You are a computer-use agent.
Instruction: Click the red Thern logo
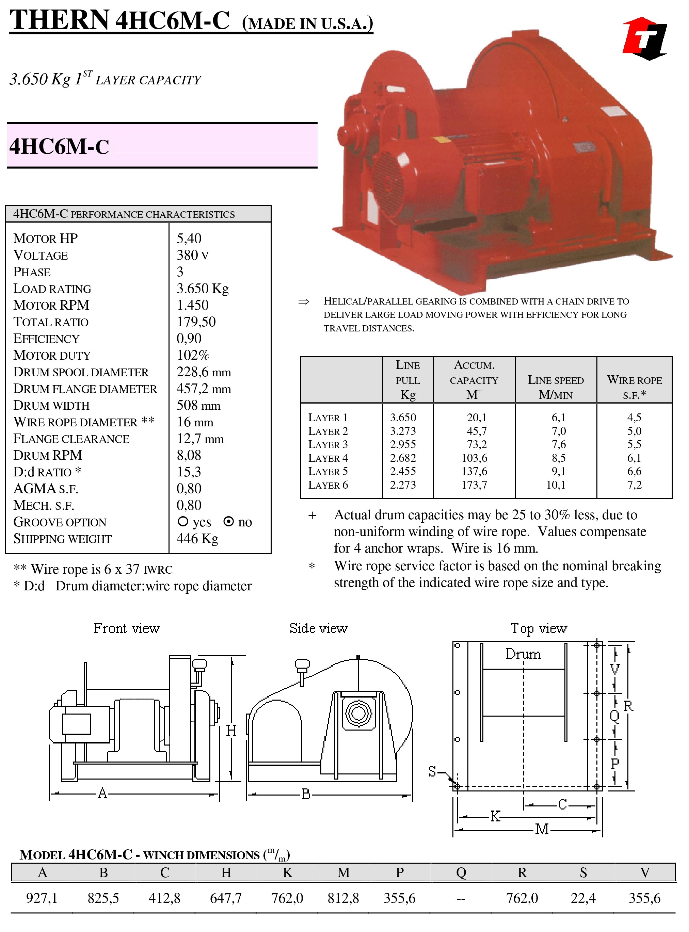pyautogui.click(x=645, y=38)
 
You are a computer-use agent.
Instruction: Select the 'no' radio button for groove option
pyautogui.click(x=228, y=521)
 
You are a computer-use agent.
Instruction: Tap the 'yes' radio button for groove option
pyautogui.click(x=183, y=521)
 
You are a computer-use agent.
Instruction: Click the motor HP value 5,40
pyautogui.click(x=189, y=239)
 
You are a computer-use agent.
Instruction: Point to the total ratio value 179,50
pyautogui.click(x=196, y=322)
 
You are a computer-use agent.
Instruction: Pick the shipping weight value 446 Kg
pyautogui.click(x=197, y=539)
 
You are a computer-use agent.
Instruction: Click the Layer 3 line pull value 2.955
pyautogui.click(x=403, y=444)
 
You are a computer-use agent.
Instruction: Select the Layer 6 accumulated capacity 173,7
pyautogui.click(x=474, y=485)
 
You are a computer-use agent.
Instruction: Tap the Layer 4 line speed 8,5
pyautogui.click(x=559, y=458)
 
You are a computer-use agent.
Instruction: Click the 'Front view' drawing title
pyautogui.click(x=127, y=628)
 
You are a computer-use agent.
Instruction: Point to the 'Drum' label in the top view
pyautogui.click(x=523, y=654)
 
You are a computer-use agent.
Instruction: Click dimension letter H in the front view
pyautogui.click(x=231, y=731)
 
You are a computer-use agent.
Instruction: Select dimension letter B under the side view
pyautogui.click(x=306, y=794)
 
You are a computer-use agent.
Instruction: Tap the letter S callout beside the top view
pyautogui.click(x=432, y=771)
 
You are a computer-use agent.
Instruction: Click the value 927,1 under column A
pyautogui.click(x=42, y=898)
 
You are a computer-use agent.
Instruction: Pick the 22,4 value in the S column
pyautogui.click(x=583, y=898)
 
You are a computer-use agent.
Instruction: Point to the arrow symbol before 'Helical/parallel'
pyautogui.click(x=304, y=301)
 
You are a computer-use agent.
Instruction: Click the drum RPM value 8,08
pyautogui.click(x=189, y=455)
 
